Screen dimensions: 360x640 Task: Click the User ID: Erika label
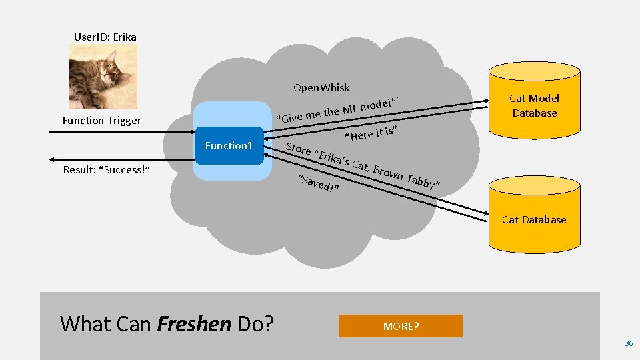pos(105,37)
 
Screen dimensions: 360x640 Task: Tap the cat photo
pos(103,75)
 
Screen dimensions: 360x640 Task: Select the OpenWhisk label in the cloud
pos(321,88)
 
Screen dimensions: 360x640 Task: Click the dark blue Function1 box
pos(229,145)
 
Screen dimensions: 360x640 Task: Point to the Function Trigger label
pos(101,121)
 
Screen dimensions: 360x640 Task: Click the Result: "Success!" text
pos(106,169)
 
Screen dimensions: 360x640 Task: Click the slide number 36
pos(628,343)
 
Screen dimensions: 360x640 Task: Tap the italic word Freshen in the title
pos(193,324)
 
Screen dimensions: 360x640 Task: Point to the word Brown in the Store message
pos(387,172)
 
